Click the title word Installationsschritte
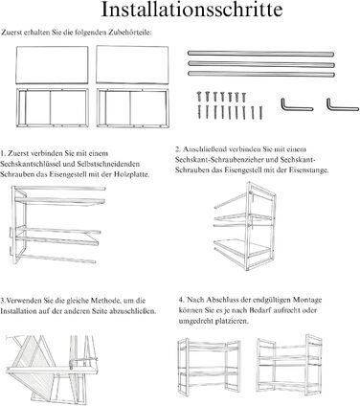tap(191, 10)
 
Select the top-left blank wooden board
tap(52, 65)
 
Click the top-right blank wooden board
tap(132, 65)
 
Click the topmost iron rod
tap(260, 54)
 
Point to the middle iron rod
tap(261, 64)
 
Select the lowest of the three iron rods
tap(261, 74)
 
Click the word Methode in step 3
tap(105, 301)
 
